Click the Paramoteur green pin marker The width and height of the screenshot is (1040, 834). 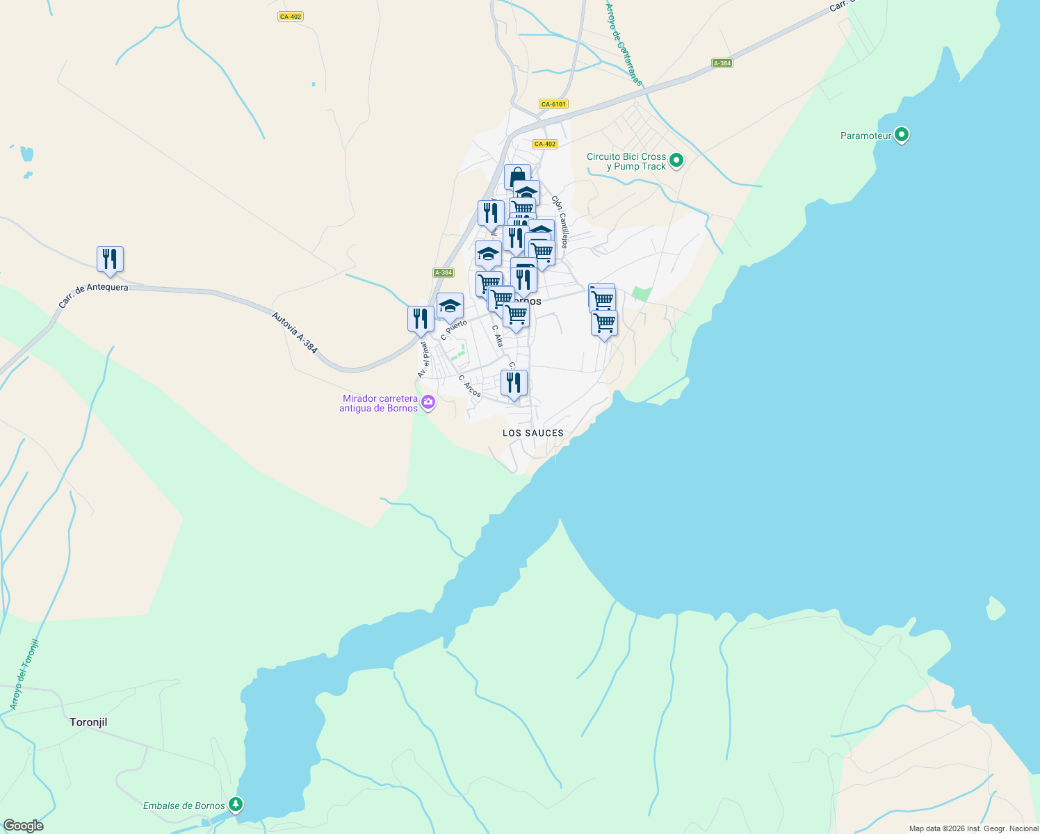click(901, 134)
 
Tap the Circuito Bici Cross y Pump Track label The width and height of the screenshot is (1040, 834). click(626, 161)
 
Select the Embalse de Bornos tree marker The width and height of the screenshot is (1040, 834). click(236, 805)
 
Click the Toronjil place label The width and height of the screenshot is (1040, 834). click(88, 722)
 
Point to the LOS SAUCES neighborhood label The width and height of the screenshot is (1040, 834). click(533, 433)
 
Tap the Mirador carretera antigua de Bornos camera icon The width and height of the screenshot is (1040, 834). click(428, 402)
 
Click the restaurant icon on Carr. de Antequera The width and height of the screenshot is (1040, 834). click(110, 259)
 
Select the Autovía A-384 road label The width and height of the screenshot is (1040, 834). click(294, 333)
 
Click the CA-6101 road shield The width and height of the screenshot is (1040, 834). click(553, 104)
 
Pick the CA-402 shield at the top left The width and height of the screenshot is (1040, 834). click(290, 17)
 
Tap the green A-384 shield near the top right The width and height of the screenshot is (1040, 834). click(722, 63)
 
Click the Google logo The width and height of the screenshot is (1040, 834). click(23, 826)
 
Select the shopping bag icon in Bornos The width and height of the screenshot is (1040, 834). click(517, 177)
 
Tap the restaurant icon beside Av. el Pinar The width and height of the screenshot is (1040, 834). click(421, 319)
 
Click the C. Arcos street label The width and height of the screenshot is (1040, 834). click(469, 386)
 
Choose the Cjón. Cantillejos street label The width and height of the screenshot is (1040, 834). click(560, 222)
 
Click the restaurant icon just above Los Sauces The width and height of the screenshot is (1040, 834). click(514, 383)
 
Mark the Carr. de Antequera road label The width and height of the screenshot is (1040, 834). click(93, 294)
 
